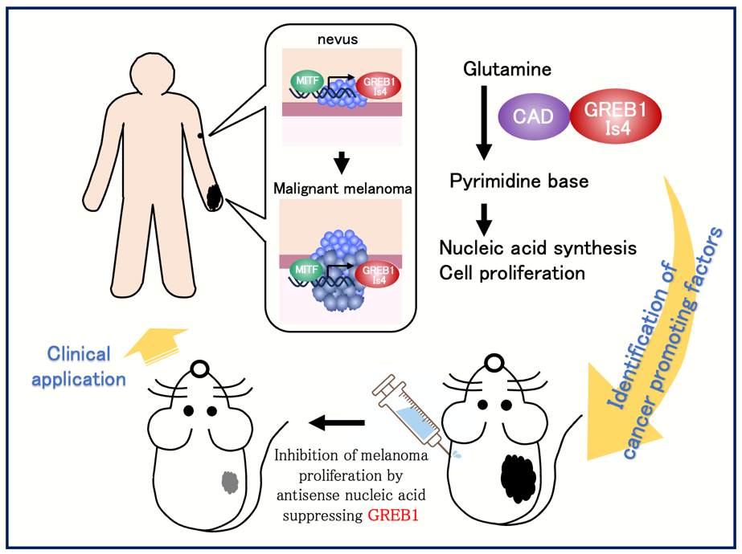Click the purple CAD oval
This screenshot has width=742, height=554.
534,116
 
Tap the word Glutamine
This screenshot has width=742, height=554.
507,69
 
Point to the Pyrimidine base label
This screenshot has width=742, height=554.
519,181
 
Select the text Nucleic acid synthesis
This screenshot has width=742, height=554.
538,247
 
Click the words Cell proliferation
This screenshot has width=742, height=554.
512,273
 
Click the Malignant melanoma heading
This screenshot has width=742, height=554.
342,189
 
